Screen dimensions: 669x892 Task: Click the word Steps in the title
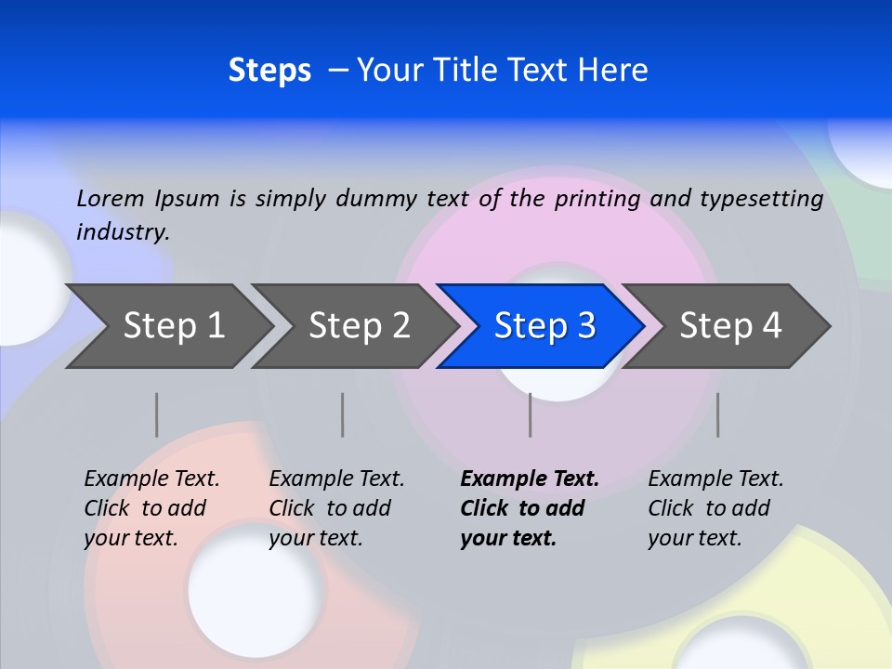tap(269, 71)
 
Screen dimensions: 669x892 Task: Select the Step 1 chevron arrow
tap(167, 325)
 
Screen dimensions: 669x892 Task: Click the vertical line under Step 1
tap(157, 414)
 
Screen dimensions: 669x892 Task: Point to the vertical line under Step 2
tap(343, 414)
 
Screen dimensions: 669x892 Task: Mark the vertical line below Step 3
tap(531, 414)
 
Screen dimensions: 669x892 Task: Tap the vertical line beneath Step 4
tap(718, 414)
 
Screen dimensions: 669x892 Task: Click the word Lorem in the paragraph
tap(111, 198)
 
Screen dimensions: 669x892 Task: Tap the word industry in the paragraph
tap(122, 231)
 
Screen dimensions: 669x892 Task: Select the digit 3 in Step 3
tap(585, 325)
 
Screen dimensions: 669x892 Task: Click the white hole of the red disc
tap(256, 589)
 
